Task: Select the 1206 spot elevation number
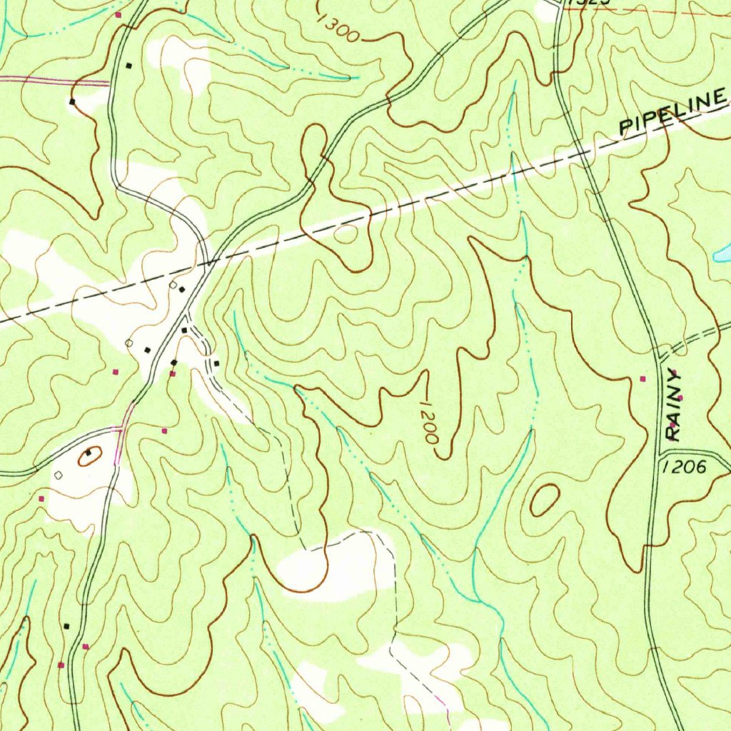click(684, 467)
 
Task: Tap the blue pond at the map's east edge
click(722, 252)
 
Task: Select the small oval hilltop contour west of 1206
click(544, 499)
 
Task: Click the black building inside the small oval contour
click(89, 453)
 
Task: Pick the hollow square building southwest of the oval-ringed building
click(59, 474)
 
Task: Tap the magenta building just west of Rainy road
click(642, 378)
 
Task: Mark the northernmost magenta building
click(119, 14)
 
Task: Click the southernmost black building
click(66, 626)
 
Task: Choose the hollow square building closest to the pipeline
click(173, 285)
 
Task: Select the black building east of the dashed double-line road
click(216, 364)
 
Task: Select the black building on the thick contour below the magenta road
click(72, 101)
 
